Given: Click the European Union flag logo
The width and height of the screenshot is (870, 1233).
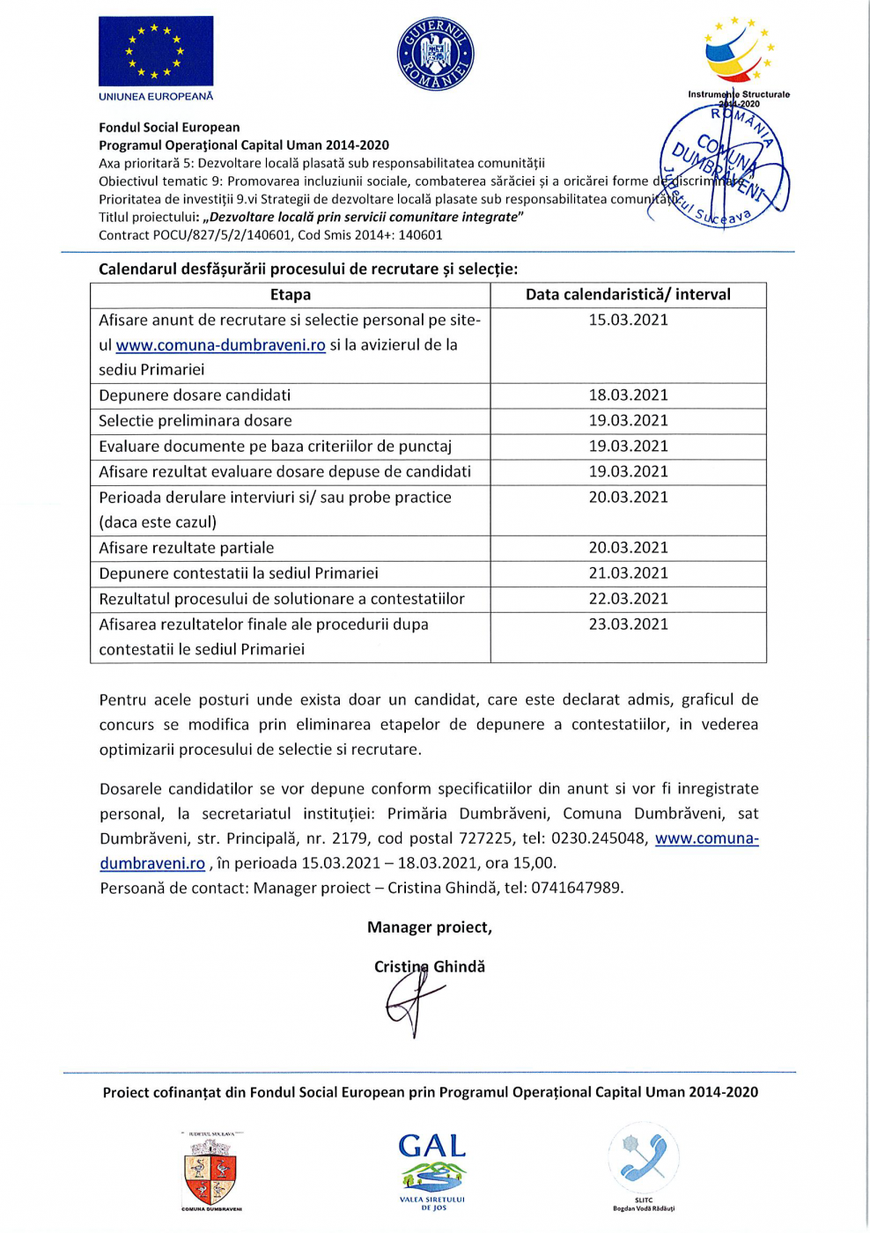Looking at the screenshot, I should coord(156,51).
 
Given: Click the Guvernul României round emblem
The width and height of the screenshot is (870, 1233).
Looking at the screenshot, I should coord(435,55).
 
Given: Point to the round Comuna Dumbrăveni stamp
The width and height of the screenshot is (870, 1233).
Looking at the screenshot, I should coord(725,164).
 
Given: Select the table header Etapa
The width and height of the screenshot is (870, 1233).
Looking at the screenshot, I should coord(291,295).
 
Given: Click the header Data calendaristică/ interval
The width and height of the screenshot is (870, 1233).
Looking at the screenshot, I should coord(628,295).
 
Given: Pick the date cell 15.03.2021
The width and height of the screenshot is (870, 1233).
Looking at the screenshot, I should coord(628,321).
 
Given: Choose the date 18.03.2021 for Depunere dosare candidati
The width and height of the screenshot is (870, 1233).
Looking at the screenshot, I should coord(628,395).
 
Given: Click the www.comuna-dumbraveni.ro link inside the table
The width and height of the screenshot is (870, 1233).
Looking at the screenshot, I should coord(220,345).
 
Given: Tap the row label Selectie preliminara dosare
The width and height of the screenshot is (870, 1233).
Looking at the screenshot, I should coord(195,421).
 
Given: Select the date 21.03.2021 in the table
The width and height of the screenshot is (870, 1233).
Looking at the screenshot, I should coord(628,573).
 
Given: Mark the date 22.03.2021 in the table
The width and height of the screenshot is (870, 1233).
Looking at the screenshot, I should coord(628,599).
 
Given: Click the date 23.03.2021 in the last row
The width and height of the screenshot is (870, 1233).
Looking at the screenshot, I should coord(628,624).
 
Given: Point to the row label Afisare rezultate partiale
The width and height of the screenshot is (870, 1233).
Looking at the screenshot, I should coord(187,548).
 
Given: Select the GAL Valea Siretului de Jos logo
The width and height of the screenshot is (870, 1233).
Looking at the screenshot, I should coord(432,1170).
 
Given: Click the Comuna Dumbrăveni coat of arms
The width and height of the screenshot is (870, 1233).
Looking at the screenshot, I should coord(210,1171).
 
